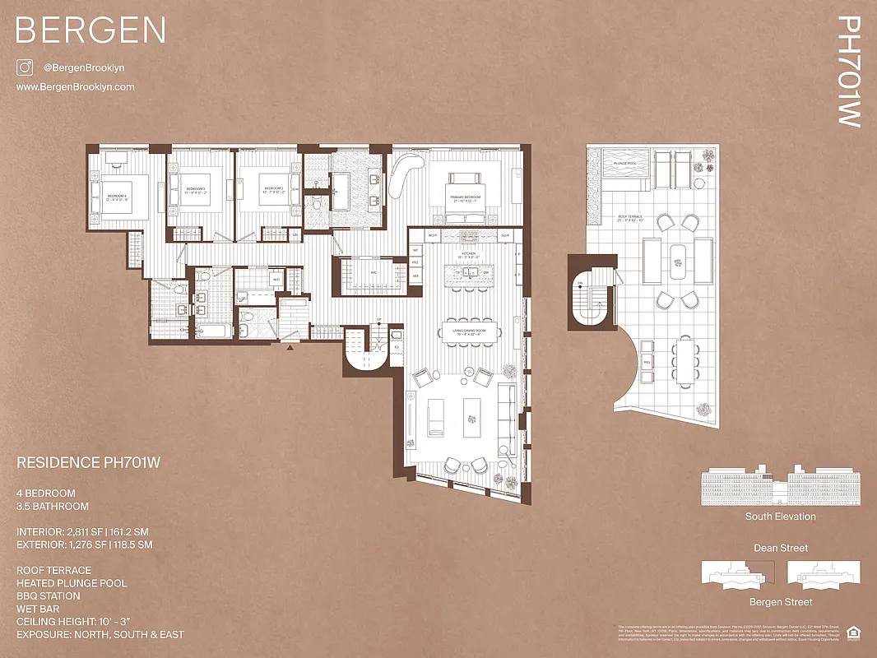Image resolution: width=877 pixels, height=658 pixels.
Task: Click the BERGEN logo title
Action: coord(90,30)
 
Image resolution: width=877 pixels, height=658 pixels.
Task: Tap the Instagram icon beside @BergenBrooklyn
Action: coord(24,68)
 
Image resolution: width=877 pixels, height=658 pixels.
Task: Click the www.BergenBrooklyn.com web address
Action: coord(75,87)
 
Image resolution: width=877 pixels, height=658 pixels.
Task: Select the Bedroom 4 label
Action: coord(116,197)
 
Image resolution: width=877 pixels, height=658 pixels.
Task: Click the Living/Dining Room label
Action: coord(470,333)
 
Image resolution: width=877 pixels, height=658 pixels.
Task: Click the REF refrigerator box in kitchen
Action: coord(416,276)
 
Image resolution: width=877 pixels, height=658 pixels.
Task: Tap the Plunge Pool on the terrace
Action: coord(624,164)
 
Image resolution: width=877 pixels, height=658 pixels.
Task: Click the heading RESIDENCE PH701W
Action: coord(88,463)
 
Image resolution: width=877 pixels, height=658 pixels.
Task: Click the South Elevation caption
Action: coord(780,517)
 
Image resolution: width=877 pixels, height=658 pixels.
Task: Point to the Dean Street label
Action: coord(780,548)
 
